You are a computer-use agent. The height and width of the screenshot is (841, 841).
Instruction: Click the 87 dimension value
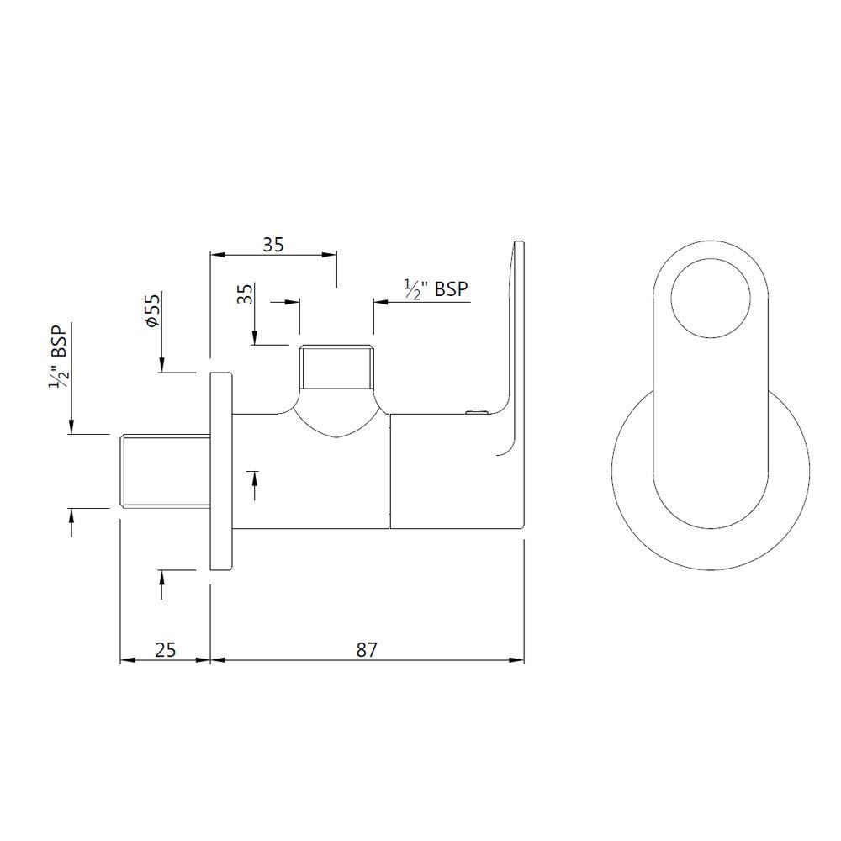(367, 649)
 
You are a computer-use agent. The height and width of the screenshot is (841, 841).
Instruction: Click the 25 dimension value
(166, 649)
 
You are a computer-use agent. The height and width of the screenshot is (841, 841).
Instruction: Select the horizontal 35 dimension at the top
(273, 245)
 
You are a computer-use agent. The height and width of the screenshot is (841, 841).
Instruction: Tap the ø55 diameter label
(152, 310)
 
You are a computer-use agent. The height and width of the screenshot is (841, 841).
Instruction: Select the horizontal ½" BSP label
(436, 289)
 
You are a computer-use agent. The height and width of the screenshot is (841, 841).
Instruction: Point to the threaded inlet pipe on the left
(164, 471)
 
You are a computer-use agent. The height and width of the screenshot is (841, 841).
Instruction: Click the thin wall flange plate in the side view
(220, 471)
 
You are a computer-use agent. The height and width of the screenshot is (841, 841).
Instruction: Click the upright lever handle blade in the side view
(515, 336)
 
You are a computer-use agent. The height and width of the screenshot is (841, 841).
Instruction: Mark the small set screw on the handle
(476, 412)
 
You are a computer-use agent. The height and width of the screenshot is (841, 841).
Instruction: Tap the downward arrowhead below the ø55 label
(160, 365)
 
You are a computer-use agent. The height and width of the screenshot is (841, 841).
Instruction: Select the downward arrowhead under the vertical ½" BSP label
(72, 428)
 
